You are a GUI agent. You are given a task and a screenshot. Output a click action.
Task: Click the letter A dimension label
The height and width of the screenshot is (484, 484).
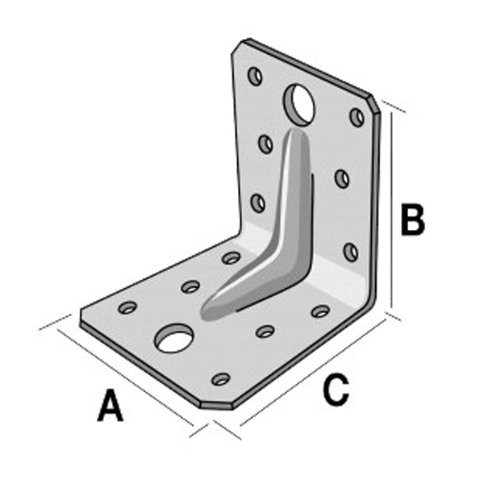click(x=111, y=405)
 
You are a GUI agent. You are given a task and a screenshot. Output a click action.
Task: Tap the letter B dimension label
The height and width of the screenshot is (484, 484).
click(x=412, y=219)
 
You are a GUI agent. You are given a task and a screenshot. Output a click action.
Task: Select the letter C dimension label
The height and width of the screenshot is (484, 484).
click(x=335, y=390)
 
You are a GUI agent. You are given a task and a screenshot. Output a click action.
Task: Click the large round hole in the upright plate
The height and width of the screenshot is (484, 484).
click(x=300, y=102)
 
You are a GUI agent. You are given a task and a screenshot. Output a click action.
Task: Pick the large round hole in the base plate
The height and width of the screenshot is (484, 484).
click(x=173, y=340)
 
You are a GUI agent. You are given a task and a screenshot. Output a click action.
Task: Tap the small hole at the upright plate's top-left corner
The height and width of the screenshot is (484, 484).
click(x=255, y=77)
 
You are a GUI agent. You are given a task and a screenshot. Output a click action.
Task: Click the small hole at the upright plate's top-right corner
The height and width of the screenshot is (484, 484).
click(x=357, y=117)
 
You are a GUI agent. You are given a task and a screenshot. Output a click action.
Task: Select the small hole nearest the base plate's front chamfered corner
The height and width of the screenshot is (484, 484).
click(x=220, y=378)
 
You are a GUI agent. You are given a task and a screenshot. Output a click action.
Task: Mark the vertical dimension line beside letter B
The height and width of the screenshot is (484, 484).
click(x=392, y=210)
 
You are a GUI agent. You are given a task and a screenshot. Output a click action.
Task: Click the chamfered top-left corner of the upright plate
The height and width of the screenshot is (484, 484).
click(x=236, y=50)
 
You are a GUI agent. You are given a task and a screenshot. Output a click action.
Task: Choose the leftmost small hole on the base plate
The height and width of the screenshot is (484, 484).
click(x=128, y=307)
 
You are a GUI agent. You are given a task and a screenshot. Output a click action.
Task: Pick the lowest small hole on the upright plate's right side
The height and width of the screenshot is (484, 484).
click(x=350, y=252)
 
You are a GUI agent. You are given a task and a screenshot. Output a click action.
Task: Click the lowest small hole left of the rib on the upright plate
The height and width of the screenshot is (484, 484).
click(x=258, y=203)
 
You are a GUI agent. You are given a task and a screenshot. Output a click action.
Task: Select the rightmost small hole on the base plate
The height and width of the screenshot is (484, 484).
click(x=320, y=311)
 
